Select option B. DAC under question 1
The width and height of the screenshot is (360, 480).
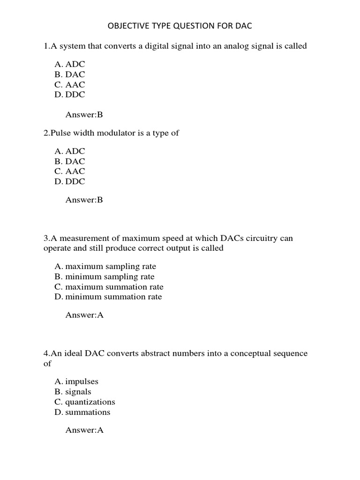click(x=70, y=74)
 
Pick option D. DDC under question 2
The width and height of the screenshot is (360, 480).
click(x=70, y=181)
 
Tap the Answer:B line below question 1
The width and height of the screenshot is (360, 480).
click(x=84, y=114)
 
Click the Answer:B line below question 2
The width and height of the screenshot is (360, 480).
click(x=84, y=200)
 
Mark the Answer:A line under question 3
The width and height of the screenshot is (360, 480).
click(x=84, y=315)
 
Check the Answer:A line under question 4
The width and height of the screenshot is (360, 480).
click(x=84, y=429)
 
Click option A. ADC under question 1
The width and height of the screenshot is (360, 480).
click(x=70, y=64)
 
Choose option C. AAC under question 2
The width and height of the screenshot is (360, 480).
click(x=70, y=171)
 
